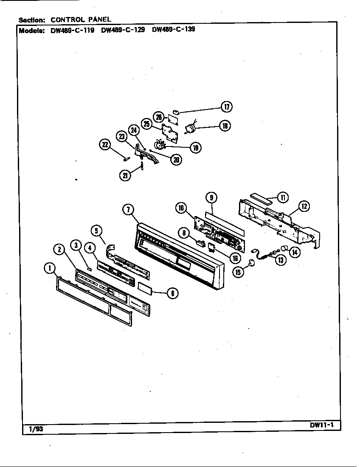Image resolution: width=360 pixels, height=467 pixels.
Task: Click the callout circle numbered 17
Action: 226,107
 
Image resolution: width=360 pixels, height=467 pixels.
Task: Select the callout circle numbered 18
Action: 225,125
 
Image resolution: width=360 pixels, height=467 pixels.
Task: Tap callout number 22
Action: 104,145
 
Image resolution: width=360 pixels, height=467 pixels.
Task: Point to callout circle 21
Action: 125,175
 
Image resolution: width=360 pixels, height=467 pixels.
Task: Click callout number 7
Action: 128,209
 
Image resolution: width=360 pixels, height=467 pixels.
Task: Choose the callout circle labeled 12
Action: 304,207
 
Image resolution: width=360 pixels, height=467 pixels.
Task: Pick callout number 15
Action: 239,272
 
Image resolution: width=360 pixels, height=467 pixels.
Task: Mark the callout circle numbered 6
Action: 172,293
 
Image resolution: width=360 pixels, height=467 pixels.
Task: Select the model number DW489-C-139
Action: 173,30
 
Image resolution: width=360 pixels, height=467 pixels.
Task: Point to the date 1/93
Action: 36,429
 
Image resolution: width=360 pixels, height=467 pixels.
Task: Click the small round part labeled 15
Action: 252,263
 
